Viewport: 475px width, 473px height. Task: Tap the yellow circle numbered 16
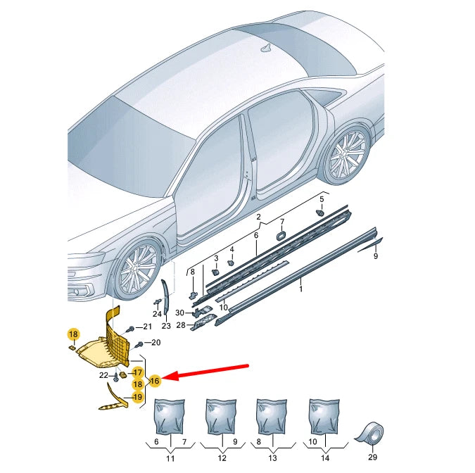155,381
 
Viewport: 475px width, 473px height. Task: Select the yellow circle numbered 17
137,372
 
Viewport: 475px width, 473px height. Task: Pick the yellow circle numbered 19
138,397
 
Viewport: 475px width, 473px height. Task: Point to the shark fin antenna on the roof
267,48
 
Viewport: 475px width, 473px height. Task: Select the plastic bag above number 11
170,417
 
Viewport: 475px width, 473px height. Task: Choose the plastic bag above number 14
324,417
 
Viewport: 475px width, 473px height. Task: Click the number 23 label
166,326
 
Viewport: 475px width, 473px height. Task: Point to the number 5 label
322,199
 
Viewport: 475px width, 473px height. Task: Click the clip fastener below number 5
320,213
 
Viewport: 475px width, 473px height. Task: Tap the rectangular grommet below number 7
281,235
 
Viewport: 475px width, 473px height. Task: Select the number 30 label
179,313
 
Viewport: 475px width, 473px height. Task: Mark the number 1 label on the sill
300,289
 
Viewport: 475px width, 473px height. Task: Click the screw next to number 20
139,344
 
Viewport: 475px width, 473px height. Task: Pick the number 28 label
181,325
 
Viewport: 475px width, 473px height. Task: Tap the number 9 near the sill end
376,256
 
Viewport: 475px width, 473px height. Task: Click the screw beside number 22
116,377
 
